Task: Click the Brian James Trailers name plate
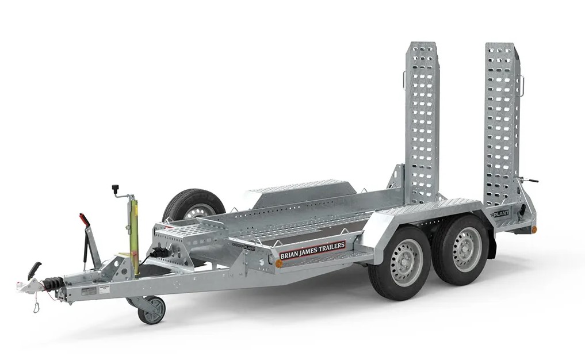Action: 312,250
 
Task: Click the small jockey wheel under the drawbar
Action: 152,311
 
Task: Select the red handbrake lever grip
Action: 85,220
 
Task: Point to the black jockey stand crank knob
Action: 115,189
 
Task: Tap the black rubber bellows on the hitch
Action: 53,284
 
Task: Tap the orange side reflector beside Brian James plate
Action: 279,263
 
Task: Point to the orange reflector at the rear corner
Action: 533,229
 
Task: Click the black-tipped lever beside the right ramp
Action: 532,180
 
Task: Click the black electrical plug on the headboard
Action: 159,252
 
